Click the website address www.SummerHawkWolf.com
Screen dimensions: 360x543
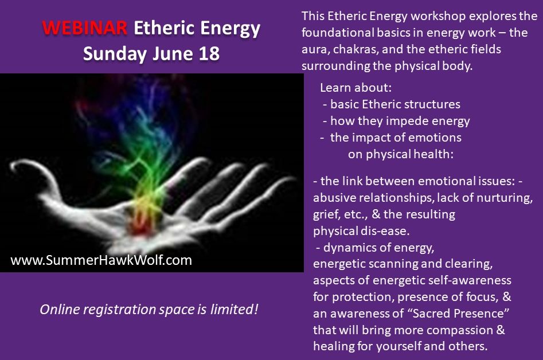[x=101, y=260]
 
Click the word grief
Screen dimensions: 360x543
[x=325, y=214]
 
